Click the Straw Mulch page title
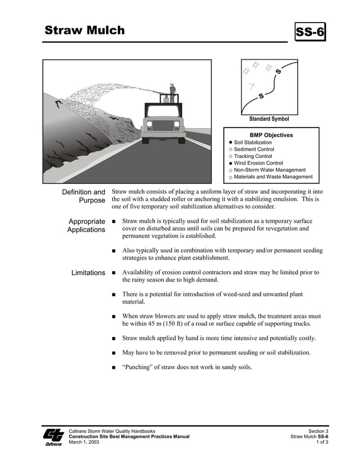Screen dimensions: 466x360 [85, 30]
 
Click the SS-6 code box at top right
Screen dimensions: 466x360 [310, 33]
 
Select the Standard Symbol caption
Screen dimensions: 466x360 [269, 119]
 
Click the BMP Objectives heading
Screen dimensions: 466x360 [271, 135]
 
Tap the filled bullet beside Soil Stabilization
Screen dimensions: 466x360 [230, 143]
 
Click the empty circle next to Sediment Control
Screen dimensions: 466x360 [230, 150]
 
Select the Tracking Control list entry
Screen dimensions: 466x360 [253, 156]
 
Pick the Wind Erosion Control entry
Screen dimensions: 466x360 [258, 163]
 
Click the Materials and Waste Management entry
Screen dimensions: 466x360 [273, 177]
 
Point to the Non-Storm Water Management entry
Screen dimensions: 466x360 [270, 170]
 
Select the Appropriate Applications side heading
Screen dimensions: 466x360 [86, 226]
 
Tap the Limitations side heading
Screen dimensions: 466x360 [88, 273]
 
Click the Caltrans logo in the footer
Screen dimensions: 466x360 [54, 437]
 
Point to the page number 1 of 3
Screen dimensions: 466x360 [322, 442]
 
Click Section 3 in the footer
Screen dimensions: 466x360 [318, 431]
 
